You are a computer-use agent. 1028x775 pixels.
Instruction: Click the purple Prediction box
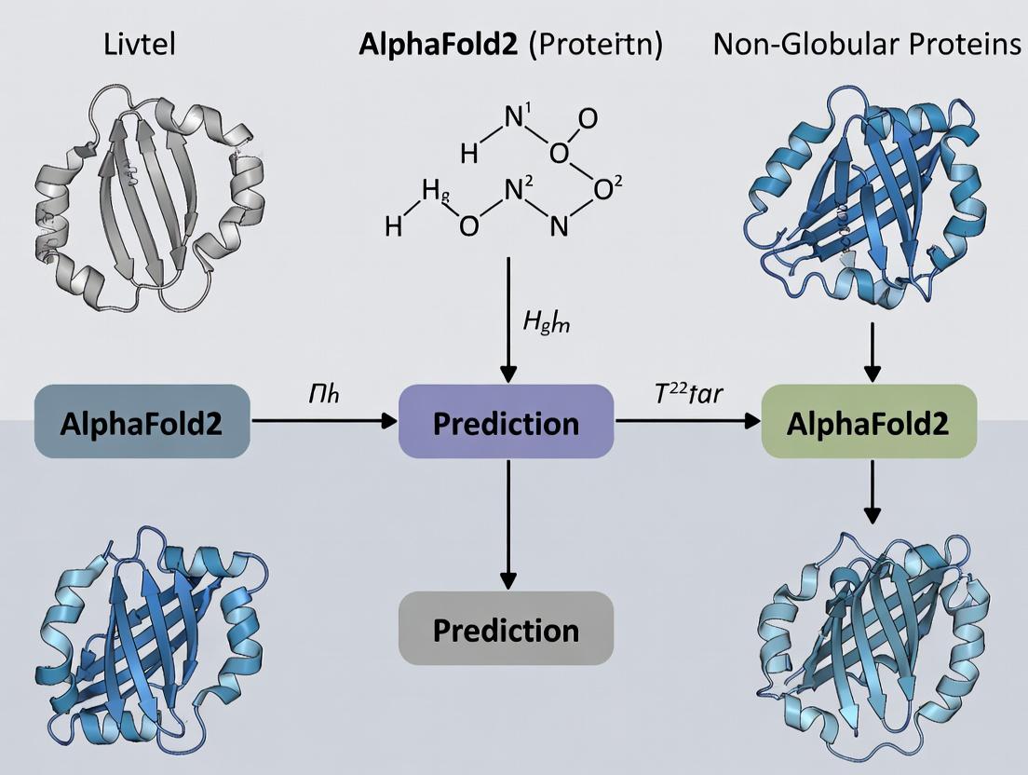(506, 423)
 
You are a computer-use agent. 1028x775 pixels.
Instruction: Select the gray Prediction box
(506, 631)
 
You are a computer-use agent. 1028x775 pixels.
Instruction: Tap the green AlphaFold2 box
(869, 423)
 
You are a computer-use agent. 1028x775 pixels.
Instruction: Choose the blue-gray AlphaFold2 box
(142, 423)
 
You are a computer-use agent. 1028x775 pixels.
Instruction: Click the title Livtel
(140, 44)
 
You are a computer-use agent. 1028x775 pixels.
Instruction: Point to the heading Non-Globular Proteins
(867, 44)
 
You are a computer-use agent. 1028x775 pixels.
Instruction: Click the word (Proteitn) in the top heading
(595, 45)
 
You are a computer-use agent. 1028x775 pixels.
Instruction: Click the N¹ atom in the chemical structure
(515, 118)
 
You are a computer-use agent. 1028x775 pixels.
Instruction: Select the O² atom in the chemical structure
(605, 189)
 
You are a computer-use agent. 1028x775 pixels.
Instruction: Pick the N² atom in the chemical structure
(515, 189)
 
